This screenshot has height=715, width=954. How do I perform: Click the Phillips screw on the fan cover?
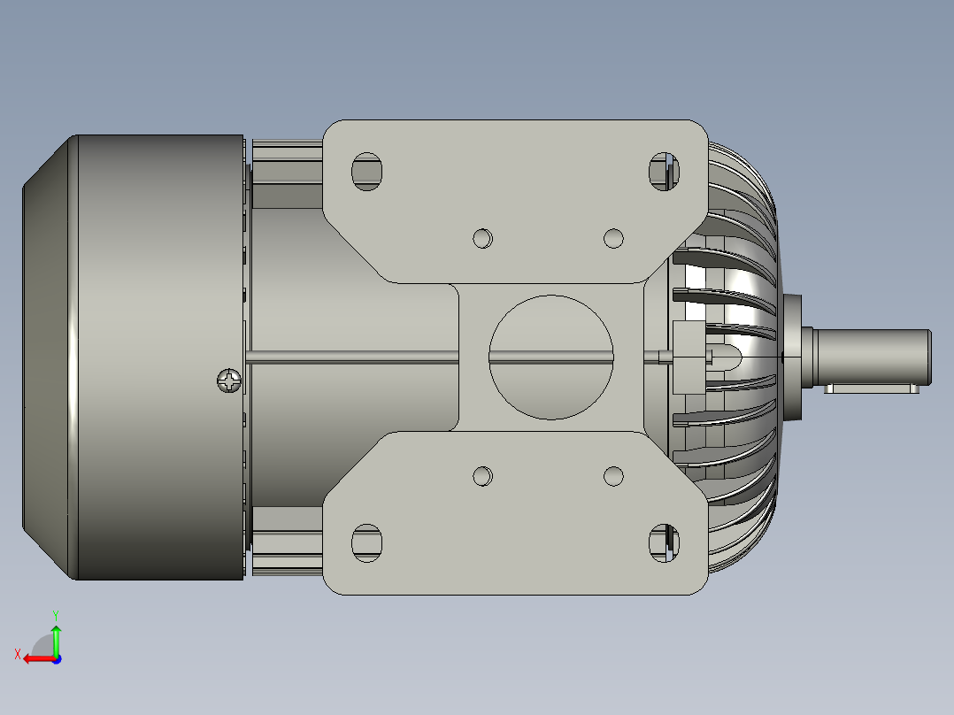click(x=230, y=381)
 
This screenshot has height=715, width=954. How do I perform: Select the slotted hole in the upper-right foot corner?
click(x=664, y=171)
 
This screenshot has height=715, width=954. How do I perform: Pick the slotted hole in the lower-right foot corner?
click(x=664, y=542)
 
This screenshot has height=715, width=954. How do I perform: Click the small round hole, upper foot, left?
click(x=482, y=238)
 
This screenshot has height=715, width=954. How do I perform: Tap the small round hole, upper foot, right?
click(x=613, y=238)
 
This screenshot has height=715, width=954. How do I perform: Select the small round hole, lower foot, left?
click(x=482, y=476)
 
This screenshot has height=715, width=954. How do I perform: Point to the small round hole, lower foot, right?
click(x=613, y=476)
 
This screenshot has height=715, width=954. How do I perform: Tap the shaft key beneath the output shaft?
click(x=872, y=389)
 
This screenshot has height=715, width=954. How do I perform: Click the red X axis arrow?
click(x=35, y=658)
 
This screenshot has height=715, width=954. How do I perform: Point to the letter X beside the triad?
click(x=18, y=654)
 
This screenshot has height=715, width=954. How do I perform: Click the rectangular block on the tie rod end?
click(x=687, y=357)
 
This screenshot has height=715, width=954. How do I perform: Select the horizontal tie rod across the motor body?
click(x=354, y=357)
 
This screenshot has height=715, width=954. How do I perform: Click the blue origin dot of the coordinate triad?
click(x=57, y=658)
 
